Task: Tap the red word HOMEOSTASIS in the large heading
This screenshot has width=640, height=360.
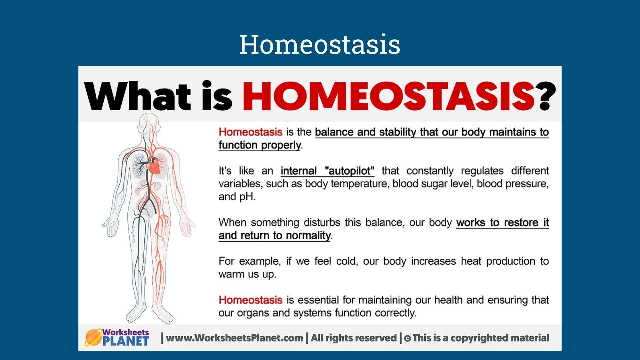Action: click(x=389, y=96)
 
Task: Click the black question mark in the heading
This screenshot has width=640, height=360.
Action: click(x=546, y=96)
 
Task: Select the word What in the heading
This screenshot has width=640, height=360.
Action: click(x=137, y=96)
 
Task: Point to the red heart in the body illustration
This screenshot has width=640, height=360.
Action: click(x=154, y=165)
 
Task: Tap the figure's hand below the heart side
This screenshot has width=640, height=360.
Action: click(x=187, y=227)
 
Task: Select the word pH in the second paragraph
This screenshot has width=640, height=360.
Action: click(x=247, y=197)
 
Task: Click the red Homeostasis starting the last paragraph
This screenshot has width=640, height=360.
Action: click(x=250, y=300)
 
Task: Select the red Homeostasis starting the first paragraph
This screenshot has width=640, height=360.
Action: click(x=250, y=132)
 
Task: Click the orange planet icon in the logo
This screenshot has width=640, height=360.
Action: click(x=93, y=337)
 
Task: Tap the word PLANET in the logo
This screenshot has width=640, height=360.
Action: click(x=125, y=341)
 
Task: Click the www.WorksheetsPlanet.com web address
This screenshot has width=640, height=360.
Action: click(x=234, y=338)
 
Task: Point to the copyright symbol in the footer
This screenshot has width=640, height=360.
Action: click(x=407, y=339)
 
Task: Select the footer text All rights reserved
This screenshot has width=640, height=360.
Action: click(x=354, y=338)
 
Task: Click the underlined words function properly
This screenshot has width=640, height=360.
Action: click(x=260, y=145)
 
